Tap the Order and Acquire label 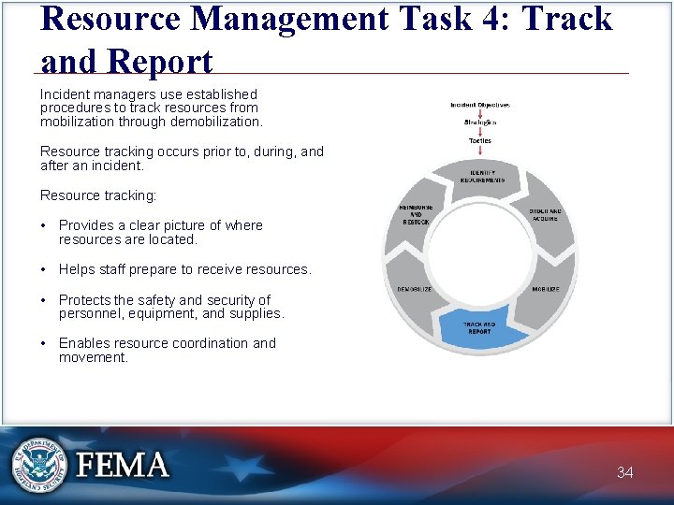click(x=544, y=215)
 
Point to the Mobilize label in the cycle click(x=545, y=289)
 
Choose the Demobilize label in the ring click(x=415, y=289)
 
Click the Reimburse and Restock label click(x=415, y=214)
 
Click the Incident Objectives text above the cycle click(x=479, y=105)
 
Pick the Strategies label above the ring click(x=479, y=123)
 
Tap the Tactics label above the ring click(x=479, y=141)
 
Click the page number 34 click(x=624, y=472)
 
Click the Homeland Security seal click(x=39, y=465)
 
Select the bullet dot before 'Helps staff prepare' click(x=45, y=269)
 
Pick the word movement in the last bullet click(x=93, y=357)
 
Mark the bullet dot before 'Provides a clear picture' click(x=45, y=225)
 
